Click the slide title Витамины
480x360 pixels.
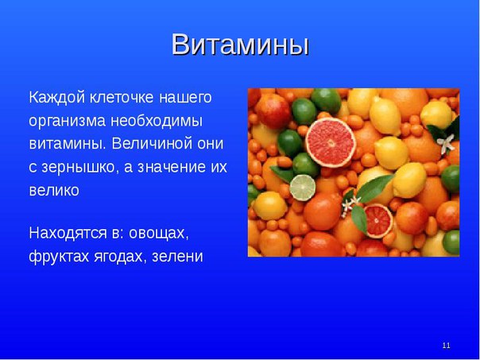click(240, 45)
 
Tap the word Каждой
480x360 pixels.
click(57, 98)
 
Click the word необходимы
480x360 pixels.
click(157, 122)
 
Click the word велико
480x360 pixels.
click(54, 190)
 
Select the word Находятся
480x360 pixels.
click(68, 234)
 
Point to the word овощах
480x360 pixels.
click(159, 234)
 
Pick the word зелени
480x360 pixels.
click(177, 257)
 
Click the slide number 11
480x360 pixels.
click(446, 346)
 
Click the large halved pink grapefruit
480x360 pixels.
click(331, 142)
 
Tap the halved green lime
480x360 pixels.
click(303, 188)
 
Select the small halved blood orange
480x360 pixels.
click(378, 221)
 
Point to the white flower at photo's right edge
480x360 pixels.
click(446, 143)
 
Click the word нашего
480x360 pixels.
click(185, 98)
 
